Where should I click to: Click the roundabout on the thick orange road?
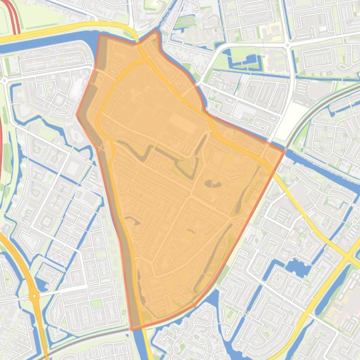point(34,295)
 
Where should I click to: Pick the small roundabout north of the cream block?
point(287,45)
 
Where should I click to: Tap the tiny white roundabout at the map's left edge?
point(5,80)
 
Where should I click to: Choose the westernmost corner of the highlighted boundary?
point(77,114)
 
